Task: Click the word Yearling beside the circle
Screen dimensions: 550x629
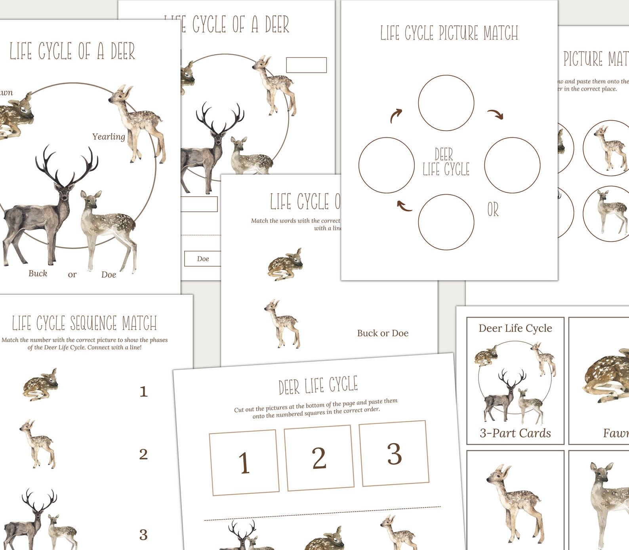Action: [109, 137]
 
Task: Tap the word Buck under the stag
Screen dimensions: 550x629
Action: [38, 273]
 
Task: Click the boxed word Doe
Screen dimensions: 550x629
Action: [203, 259]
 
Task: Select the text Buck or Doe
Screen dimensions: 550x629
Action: [383, 333]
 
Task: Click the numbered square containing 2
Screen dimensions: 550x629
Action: [319, 458]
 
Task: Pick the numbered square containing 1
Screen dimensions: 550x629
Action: [244, 463]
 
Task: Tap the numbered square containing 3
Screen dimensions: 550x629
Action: [394, 453]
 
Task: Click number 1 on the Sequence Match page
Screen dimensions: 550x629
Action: [143, 392]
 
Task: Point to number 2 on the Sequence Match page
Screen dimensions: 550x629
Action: [143, 454]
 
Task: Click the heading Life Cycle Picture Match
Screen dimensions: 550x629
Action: [449, 33]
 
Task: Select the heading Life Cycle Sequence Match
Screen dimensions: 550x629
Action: [84, 323]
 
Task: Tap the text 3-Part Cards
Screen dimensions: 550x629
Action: [515, 433]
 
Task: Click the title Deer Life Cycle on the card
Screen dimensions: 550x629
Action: [515, 328]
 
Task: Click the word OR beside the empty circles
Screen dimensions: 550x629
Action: [493, 210]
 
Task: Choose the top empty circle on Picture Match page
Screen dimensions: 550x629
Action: [446, 103]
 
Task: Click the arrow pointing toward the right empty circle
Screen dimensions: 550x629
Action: [495, 114]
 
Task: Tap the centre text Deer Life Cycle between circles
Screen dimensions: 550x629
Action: [446, 162]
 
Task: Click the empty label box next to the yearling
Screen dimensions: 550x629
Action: [306, 65]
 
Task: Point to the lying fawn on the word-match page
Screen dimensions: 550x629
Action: [285, 265]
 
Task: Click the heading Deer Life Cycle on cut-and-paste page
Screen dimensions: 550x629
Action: [318, 385]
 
